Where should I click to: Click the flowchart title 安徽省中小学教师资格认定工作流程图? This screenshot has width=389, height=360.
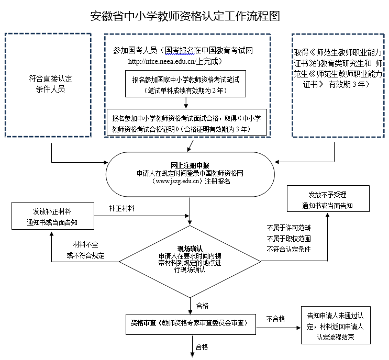click(185, 16)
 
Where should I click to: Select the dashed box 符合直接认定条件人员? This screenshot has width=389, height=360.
click(50, 84)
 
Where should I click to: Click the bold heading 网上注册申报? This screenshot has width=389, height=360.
click(190, 165)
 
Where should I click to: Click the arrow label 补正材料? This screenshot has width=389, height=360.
click(122, 209)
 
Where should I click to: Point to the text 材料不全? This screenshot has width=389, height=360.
click(84, 245)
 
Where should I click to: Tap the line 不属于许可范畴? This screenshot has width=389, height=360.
click(288, 228)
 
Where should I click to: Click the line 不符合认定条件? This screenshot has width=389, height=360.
click(288, 249)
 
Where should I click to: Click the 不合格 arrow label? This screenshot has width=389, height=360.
click(275, 318)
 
